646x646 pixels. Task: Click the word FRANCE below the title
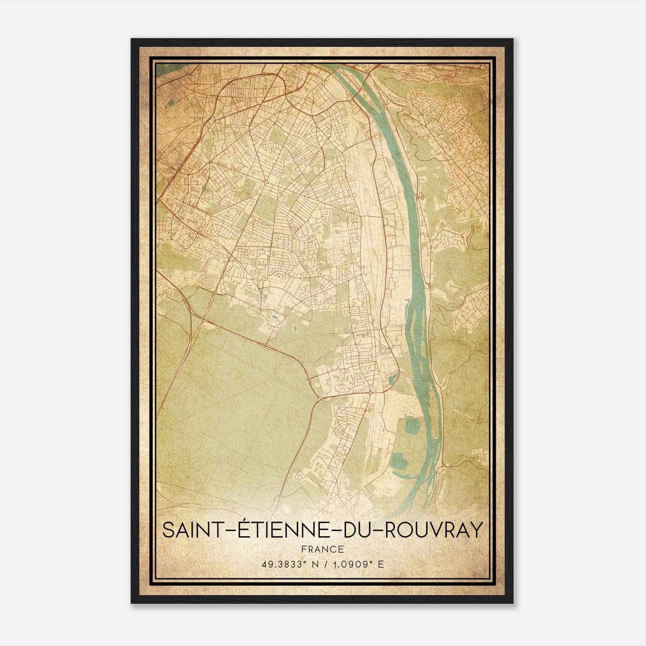pyautogui.click(x=323, y=549)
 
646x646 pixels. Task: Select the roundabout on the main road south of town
pyautogui.click(x=370, y=392)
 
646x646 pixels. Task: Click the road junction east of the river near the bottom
pyautogui.click(x=443, y=466)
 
